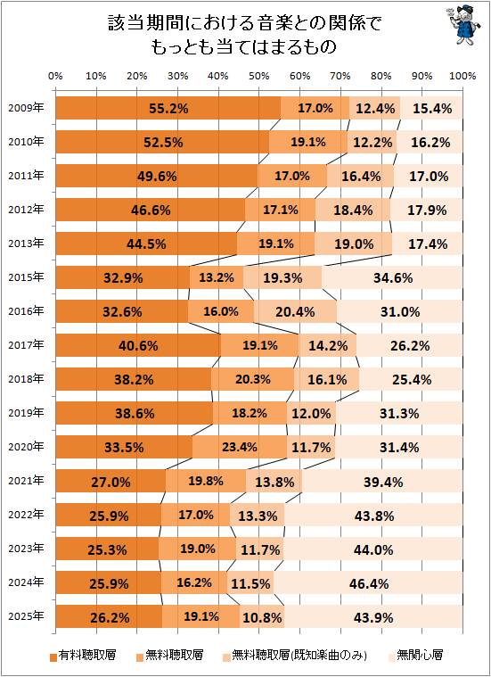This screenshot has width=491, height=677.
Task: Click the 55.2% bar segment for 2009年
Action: click(168, 108)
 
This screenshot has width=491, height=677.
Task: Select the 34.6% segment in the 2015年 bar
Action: click(392, 277)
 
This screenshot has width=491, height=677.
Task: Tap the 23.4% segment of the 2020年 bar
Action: click(240, 447)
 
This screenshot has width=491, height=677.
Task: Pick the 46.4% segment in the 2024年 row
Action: click(368, 582)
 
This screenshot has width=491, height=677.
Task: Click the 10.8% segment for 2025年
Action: click(261, 616)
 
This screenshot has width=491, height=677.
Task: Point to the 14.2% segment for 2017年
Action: click(327, 345)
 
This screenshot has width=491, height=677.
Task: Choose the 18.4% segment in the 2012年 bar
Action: click(353, 210)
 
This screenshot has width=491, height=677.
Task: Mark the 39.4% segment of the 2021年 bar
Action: click(382, 481)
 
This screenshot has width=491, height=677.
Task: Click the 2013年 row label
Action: click(26, 244)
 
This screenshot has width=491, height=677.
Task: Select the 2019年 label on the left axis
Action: click(26, 413)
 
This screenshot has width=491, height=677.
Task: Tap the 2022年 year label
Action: click(26, 515)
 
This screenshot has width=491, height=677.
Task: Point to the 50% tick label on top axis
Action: click(259, 77)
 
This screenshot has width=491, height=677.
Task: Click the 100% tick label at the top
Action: click(462, 77)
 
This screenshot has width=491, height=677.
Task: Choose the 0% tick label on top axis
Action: click(55, 77)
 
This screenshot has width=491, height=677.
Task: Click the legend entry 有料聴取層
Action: click(83, 656)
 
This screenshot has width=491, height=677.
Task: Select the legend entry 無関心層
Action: click(415, 656)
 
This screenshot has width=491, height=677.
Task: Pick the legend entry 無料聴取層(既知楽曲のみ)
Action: click(295, 656)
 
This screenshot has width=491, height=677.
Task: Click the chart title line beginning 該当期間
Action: click(245, 24)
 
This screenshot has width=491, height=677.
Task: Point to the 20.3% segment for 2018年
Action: click(252, 379)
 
